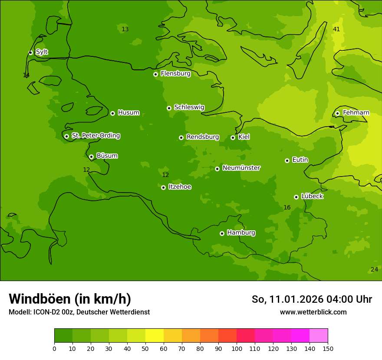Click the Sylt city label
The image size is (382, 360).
pyautogui.click(x=42, y=52)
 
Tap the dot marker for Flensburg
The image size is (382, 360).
pyautogui.click(x=155, y=74)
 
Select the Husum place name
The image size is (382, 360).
pyautogui.click(x=128, y=113)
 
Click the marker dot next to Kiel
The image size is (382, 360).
pyautogui.click(x=233, y=137)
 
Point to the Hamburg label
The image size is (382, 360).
pyautogui.click(x=241, y=233)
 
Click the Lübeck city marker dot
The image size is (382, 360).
pyautogui.click(x=296, y=197)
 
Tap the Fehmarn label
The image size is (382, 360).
pyautogui.click(x=356, y=113)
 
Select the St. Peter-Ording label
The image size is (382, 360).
pyautogui.click(x=95, y=136)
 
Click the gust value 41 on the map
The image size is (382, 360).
pyautogui.click(x=336, y=29)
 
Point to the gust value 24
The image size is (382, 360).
pyautogui.click(x=374, y=270)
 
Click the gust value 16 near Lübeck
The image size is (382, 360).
pyautogui.click(x=287, y=208)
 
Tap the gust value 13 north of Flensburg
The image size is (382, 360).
pyautogui.click(x=125, y=29)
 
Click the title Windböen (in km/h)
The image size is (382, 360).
pyautogui.click(x=70, y=299)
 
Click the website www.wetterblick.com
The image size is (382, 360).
pyautogui.click(x=313, y=312)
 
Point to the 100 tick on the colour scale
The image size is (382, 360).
pyautogui.click(x=237, y=348)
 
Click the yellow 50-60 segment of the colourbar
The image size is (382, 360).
pyautogui.click(x=155, y=336)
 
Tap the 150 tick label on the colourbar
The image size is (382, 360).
pyautogui.click(x=328, y=348)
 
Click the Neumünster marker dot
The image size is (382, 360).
pyautogui.click(x=217, y=169)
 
